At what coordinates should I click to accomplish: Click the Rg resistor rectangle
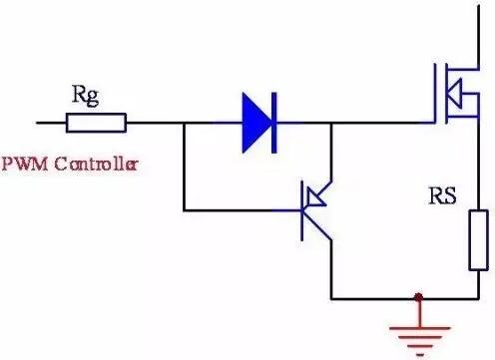96,123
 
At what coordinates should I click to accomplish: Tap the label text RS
441,194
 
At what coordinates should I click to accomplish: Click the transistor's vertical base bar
304,209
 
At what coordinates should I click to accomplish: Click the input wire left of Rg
50,123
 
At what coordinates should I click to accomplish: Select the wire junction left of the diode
184,123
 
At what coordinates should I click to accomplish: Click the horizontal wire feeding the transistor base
240,209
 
